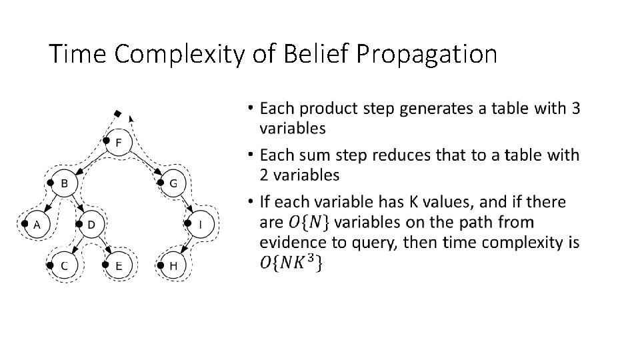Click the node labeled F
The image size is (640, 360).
(119, 143)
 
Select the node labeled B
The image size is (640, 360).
(64, 183)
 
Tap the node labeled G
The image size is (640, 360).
(173, 183)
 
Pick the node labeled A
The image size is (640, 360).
(37, 225)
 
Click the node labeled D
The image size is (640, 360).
(91, 225)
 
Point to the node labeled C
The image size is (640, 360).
(64, 265)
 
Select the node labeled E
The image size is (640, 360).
(119, 265)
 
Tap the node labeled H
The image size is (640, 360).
(173, 265)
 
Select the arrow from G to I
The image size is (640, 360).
(187, 205)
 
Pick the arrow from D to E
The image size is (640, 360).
(105, 245)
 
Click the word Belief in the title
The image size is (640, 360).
(315, 54)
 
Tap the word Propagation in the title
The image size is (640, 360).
(427, 54)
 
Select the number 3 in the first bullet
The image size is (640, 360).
(575, 107)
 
